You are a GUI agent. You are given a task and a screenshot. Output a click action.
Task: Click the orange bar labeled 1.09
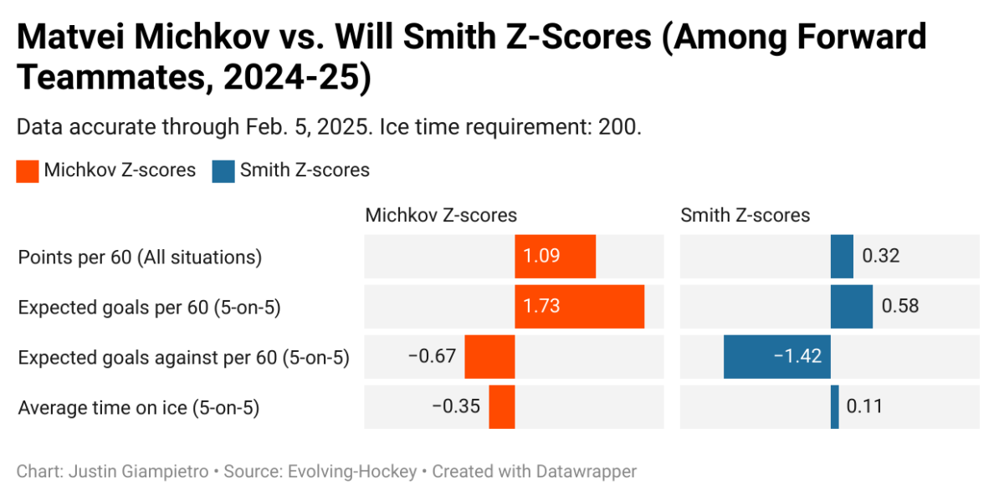click(x=555, y=256)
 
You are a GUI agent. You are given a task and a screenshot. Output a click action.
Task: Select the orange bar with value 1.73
click(x=579, y=307)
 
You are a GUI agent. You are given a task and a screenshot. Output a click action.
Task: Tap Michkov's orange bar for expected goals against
click(x=489, y=357)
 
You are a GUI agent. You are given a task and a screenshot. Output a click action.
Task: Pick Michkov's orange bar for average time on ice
click(x=502, y=407)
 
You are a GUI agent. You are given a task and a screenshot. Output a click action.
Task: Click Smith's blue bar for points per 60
click(x=842, y=256)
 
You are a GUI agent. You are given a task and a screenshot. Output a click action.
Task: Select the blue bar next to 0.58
click(x=851, y=307)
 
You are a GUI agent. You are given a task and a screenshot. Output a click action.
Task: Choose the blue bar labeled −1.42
click(x=776, y=357)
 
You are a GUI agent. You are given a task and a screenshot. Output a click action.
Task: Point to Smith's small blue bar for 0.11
click(x=834, y=407)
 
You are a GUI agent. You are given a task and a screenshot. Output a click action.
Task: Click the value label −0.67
click(x=432, y=357)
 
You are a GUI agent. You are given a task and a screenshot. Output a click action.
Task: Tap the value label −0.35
click(x=456, y=407)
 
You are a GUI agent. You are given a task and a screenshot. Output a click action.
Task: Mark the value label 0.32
click(x=880, y=256)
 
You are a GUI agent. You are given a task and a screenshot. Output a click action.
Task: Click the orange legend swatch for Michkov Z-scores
click(x=28, y=171)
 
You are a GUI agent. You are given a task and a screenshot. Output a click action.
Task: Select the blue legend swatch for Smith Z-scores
click(x=223, y=171)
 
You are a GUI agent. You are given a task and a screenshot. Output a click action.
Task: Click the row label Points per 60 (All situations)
click(x=140, y=258)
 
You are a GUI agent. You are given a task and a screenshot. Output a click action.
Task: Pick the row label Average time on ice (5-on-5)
click(x=139, y=408)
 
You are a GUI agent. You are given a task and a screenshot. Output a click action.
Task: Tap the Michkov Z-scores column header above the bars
click(x=440, y=216)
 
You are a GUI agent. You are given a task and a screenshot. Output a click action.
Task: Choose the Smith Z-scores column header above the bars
click(x=745, y=216)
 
